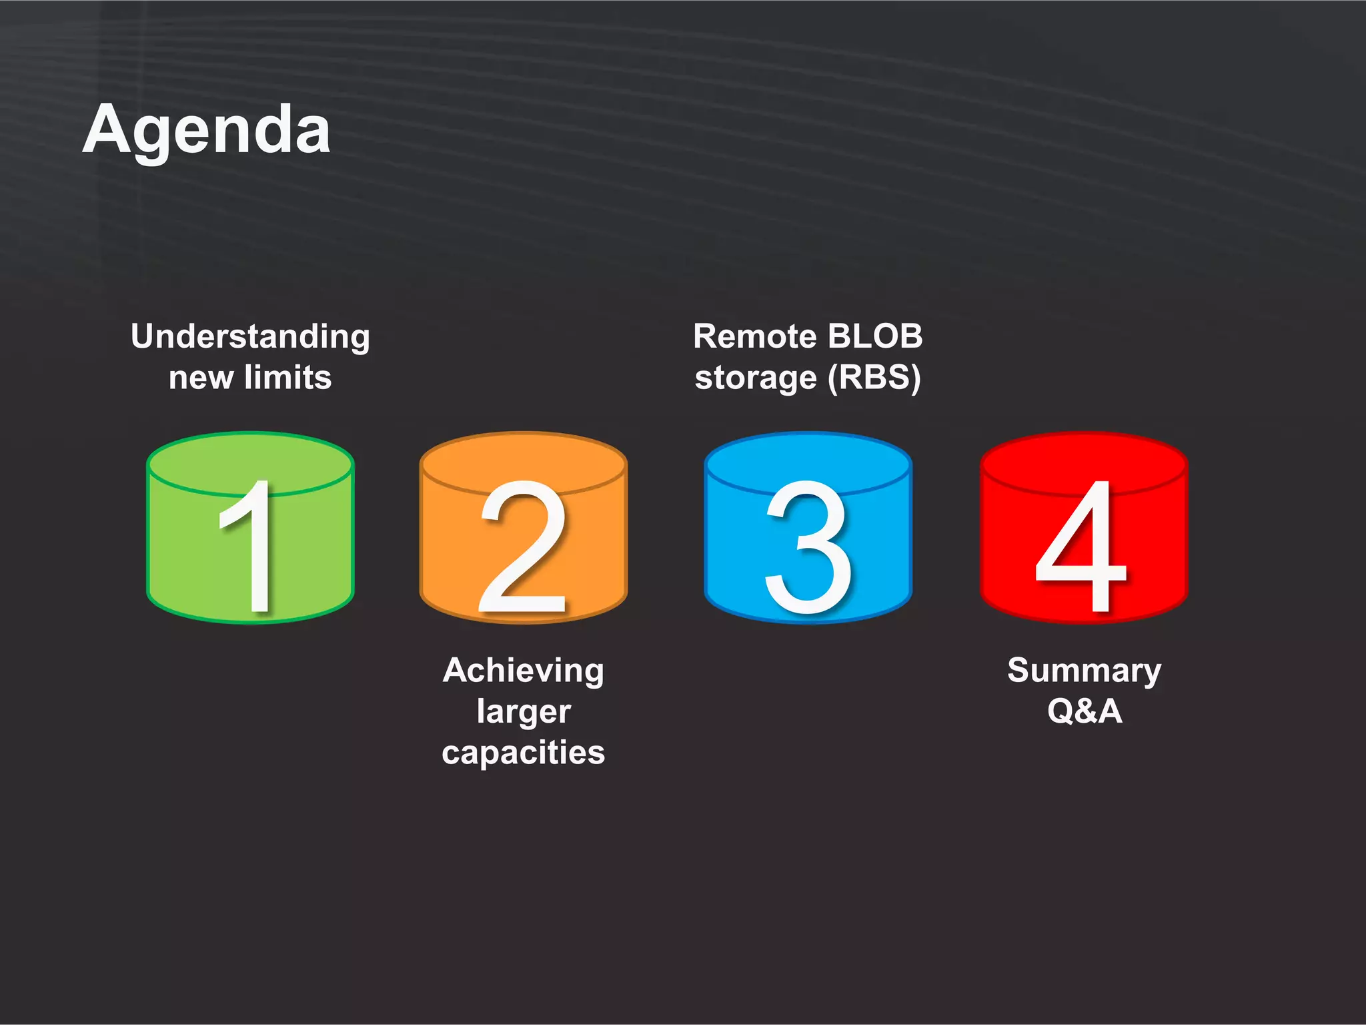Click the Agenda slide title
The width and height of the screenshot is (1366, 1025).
pos(207,130)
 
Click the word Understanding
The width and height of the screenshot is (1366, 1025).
pos(250,337)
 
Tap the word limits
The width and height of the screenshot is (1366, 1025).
pos(287,378)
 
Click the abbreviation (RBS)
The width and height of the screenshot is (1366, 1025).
pos(874,378)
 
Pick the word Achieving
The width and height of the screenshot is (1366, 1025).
pos(524,671)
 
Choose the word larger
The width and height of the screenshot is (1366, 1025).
pos(524,711)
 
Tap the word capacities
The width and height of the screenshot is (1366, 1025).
pos(524,753)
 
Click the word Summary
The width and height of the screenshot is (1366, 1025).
pos(1084,671)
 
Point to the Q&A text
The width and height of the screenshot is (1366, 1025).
pos(1085,711)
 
